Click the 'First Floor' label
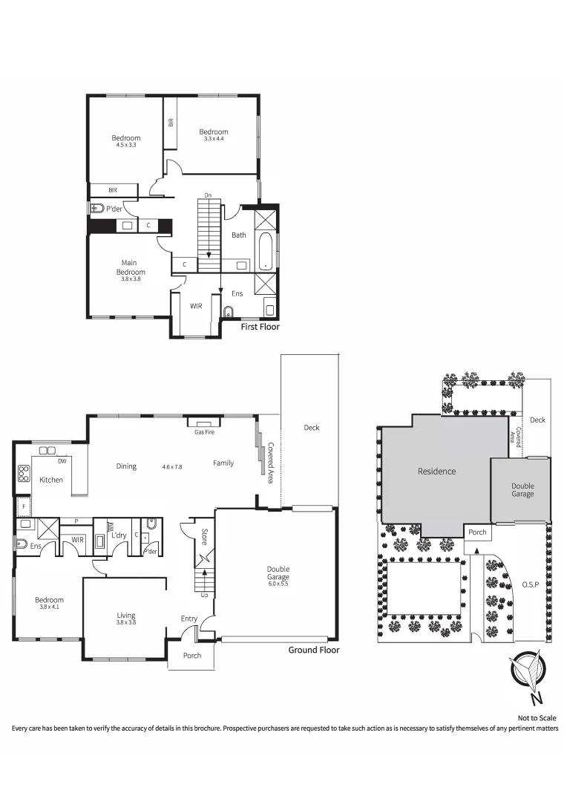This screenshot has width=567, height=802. coord(260,326)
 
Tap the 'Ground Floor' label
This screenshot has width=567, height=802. coord(313,650)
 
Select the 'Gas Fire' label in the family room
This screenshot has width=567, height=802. coord(204,431)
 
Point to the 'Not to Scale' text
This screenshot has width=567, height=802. coord(537,717)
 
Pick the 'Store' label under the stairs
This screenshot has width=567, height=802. coord(204,537)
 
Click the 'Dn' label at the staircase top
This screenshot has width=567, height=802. coord(208,195)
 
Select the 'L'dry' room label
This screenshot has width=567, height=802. coord(119,535)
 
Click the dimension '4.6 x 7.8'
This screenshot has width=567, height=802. coord(172,467)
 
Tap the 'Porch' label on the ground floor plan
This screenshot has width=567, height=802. coord(191,656)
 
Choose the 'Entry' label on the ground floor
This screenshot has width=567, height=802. coord(189,619)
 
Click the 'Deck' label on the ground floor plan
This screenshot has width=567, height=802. coord(311,428)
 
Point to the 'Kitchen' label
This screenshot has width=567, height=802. coord(51,480)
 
